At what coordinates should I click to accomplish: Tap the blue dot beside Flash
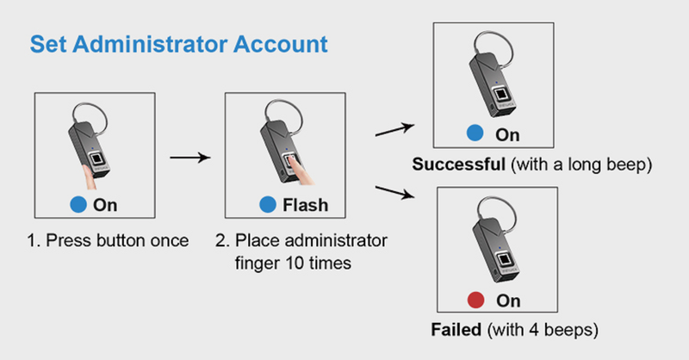[x=266, y=206]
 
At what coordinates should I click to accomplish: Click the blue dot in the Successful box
[x=473, y=135]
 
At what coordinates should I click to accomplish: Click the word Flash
[x=305, y=206]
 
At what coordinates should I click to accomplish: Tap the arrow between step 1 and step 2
[x=189, y=158]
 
